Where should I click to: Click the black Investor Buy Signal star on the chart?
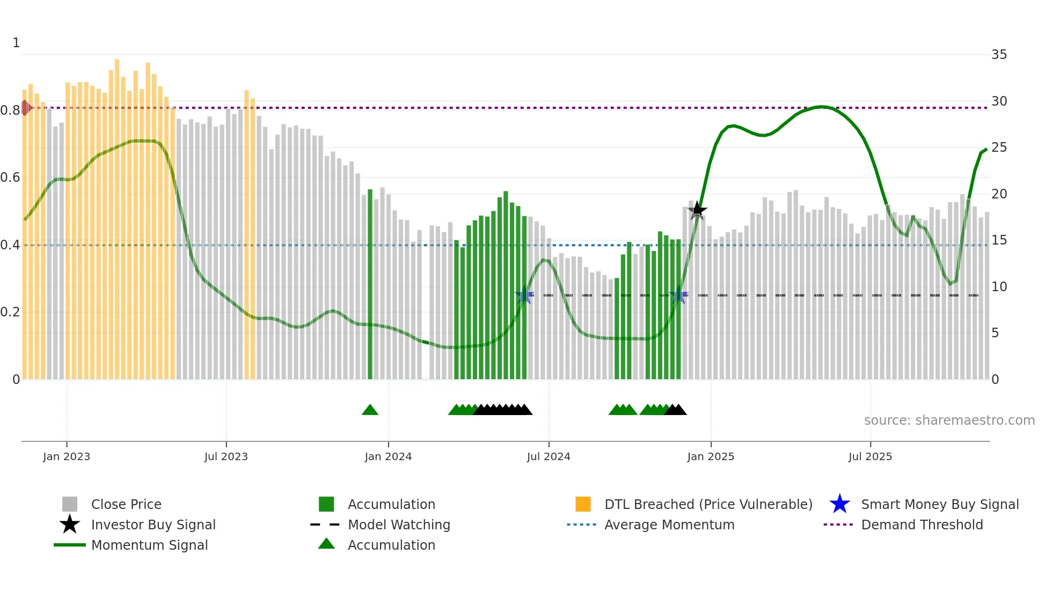[697, 210]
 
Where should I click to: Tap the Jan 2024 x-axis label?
[388, 457]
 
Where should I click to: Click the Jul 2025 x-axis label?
[870, 457]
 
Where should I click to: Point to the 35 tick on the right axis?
[999, 55]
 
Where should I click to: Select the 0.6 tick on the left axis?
[10, 178]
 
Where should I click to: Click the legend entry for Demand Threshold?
[922, 525]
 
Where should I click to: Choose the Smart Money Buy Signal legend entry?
[939, 505]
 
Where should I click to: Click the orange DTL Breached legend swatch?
[583, 504]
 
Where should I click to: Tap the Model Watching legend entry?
[398, 525]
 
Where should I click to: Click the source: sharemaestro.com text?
[949, 420]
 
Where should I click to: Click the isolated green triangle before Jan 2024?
[370, 410]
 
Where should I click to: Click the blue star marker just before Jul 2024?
[524, 295]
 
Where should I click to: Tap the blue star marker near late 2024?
[678, 295]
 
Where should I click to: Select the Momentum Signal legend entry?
[149, 545]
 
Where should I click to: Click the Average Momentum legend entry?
[669, 525]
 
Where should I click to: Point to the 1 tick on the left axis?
[16, 43]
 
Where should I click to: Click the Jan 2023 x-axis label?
[67, 457]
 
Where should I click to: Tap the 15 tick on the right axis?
[999, 240]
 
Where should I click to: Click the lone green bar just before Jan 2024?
[370, 284]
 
